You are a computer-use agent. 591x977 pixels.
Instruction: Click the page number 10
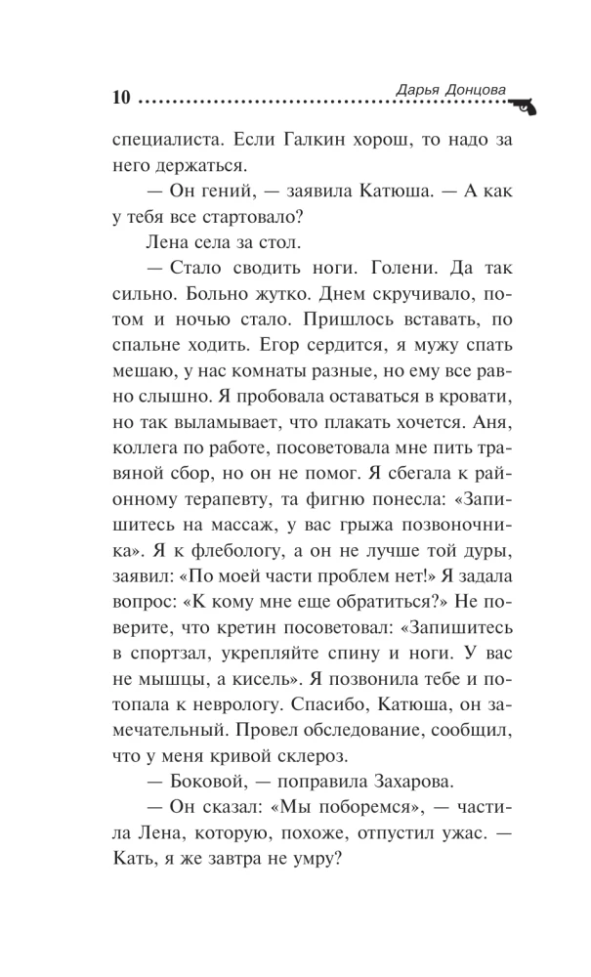[x=121, y=97]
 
